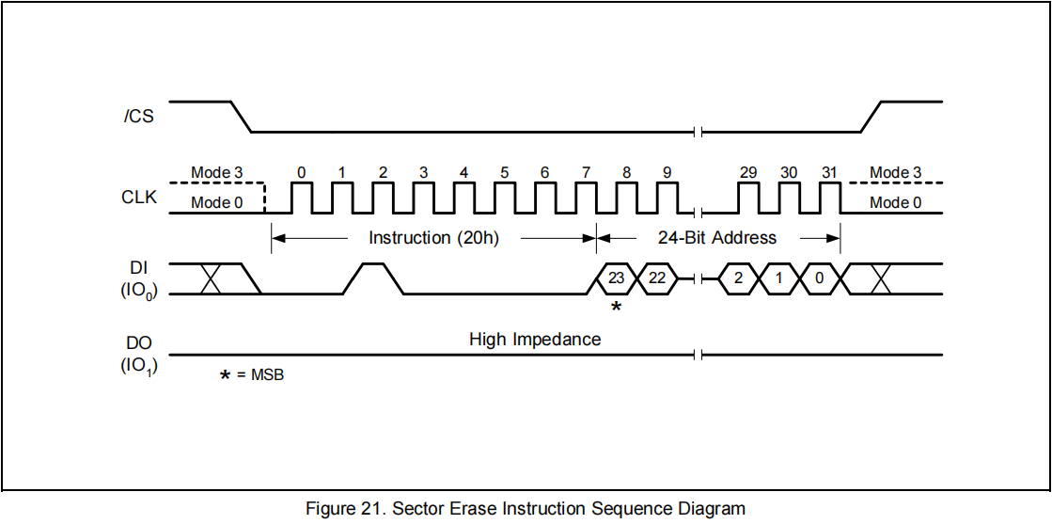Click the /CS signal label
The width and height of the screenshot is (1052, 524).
coord(138,118)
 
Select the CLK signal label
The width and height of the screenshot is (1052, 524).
coord(139,198)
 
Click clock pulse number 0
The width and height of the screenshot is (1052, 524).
coord(301,198)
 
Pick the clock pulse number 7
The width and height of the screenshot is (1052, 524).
coord(586,198)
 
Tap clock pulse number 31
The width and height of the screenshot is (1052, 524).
coord(828,198)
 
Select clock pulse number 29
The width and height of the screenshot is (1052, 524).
coord(748,198)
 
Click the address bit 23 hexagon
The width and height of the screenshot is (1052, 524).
coord(616,278)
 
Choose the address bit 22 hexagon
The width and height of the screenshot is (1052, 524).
coord(657,278)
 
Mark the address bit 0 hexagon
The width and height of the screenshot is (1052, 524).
coord(819,278)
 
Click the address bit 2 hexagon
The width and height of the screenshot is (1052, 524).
coord(739,278)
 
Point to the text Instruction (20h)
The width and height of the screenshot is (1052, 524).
coord(433,238)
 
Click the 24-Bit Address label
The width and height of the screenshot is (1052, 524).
coord(717,238)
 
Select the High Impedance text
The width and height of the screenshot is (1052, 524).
coord(535,339)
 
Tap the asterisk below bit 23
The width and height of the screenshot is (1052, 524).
coord(616,307)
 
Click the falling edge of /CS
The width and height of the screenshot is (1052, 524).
coord(242,117)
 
